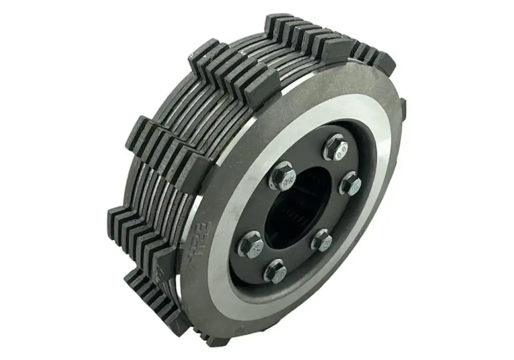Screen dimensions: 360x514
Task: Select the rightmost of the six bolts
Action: coord(351,184)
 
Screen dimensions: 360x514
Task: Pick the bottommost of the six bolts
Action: coord(276,271)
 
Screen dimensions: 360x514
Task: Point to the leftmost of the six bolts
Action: coord(250,244)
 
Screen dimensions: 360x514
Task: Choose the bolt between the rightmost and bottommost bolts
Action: coord(322,240)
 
